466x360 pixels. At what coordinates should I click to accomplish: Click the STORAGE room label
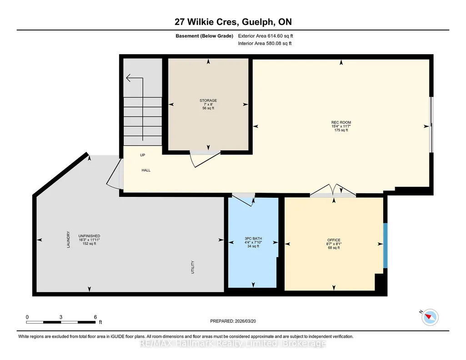tap(208, 100)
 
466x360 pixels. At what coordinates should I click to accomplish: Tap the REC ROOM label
tap(341, 122)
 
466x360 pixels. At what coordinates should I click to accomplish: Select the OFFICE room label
tap(334, 240)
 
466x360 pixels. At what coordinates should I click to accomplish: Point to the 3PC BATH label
tap(253, 239)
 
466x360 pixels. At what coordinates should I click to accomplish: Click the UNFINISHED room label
tap(89, 236)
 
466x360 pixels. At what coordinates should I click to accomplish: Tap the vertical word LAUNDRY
tap(68, 240)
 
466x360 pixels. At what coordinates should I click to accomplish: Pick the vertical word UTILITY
tap(193, 267)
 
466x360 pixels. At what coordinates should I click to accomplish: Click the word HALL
tap(146, 170)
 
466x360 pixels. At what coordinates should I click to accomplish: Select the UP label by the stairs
tap(143, 155)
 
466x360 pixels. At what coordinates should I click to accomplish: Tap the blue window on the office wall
tap(385, 245)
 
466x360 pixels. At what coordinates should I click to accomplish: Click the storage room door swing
tap(205, 160)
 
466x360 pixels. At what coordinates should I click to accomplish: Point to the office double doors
tap(333, 190)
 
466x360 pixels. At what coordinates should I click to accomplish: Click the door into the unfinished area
tap(114, 174)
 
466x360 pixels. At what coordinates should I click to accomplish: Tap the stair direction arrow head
tap(128, 78)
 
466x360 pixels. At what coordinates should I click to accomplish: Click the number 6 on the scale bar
tap(95, 317)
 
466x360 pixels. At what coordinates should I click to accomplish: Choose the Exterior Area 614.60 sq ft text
tap(266, 36)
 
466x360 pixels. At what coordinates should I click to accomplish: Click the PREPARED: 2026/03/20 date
tap(233, 321)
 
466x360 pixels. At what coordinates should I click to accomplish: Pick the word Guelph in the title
tap(258, 22)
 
